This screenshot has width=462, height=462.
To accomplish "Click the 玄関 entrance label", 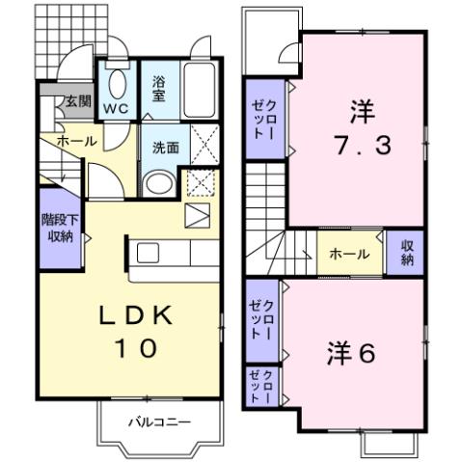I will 77,100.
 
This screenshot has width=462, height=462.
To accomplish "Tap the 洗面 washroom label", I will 165,148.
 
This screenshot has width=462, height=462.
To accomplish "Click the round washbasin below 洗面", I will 157,183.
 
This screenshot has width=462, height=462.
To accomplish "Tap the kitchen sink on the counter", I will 149,253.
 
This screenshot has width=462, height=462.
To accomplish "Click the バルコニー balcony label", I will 160,421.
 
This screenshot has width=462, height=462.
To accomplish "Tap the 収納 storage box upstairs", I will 406,254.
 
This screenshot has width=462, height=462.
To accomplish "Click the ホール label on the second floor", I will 348,255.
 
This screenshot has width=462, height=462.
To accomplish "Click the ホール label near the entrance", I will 75,142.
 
